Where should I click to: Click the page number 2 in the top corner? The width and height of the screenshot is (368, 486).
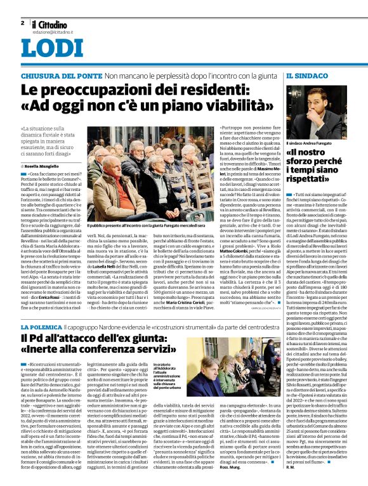(22, 23)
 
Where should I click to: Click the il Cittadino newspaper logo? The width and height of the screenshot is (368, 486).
(51, 23)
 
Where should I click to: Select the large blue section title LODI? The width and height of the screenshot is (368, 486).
(47, 50)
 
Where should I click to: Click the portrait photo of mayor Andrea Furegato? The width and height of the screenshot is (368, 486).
(315, 114)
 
